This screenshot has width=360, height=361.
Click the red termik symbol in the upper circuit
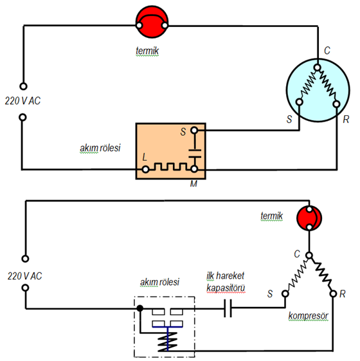pyautogui.click(x=152, y=22)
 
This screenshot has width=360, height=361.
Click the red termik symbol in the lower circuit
pyautogui.click(x=309, y=218)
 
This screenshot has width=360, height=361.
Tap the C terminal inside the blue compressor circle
pyautogui.click(x=317, y=68)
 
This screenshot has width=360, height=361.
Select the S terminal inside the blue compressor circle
pyautogui.click(x=299, y=102)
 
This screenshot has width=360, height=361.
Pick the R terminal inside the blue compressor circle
pyautogui.click(x=336, y=104)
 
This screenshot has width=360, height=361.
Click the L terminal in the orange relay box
pyautogui.click(x=145, y=170)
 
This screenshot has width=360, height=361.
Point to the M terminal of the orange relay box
pyautogui.click(x=194, y=169)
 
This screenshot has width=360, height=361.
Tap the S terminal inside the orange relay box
pyautogui.click(x=194, y=131)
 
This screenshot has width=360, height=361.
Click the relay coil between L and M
pyautogui.click(x=170, y=167)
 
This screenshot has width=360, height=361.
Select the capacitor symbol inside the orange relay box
pyautogui.click(x=195, y=154)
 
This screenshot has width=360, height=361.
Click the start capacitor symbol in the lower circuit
pyautogui.click(x=228, y=308)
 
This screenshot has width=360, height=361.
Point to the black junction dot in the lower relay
pyautogui.click(x=140, y=308)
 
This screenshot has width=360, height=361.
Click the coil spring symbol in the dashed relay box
pyautogui.click(x=168, y=342)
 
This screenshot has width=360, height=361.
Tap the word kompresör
pyautogui.click(x=308, y=316)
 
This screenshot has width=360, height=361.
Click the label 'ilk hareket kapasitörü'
pyautogui.click(x=226, y=282)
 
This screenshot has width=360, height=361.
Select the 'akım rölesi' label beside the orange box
pyautogui.click(x=100, y=148)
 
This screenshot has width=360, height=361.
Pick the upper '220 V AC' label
pyautogui.click(x=22, y=101)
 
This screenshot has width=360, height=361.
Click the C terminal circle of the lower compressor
pyautogui.click(x=309, y=255)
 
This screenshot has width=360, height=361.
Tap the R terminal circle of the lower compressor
pyautogui.click(x=333, y=294)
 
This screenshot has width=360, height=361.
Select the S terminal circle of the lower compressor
pyautogui.click(x=285, y=293)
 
